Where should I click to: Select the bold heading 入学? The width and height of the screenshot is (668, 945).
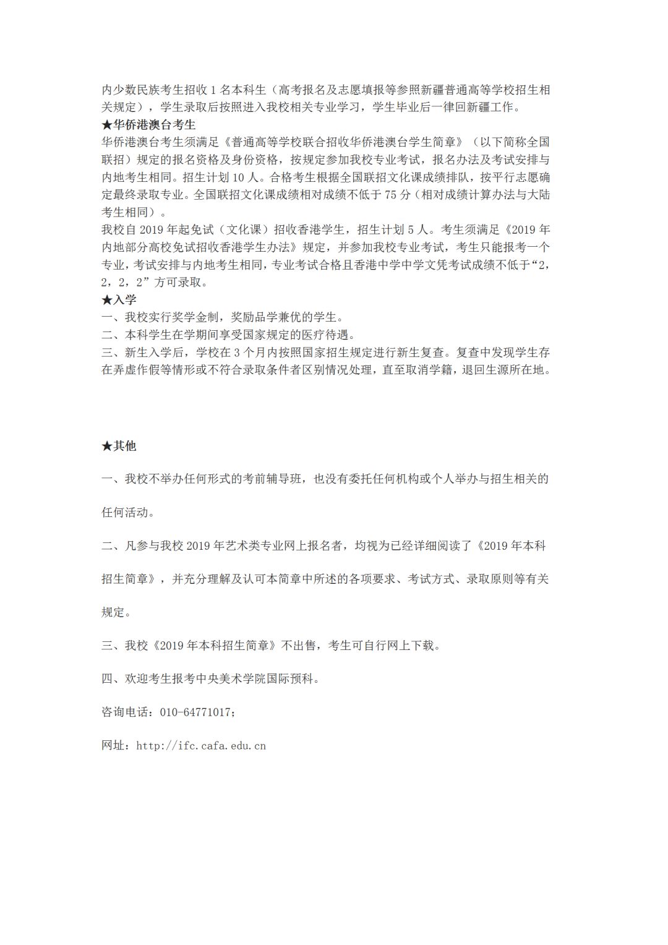(124, 300)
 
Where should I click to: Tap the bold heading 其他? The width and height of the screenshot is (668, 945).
(124, 446)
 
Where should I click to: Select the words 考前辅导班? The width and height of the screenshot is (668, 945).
(279, 479)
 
